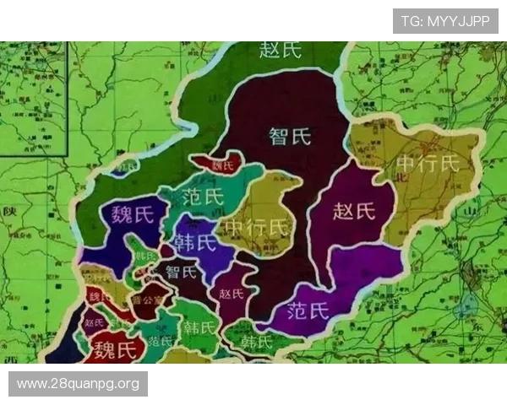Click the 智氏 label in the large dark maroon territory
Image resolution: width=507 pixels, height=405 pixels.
[289, 135]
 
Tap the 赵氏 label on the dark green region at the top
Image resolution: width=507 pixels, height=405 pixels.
[280, 50]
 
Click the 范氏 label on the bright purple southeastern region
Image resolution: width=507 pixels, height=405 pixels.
[308, 310]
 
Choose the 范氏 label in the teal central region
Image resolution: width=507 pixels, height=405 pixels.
[203, 197]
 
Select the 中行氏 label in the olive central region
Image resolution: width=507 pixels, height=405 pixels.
[254, 228]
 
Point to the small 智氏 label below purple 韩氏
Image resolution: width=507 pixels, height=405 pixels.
[181, 272]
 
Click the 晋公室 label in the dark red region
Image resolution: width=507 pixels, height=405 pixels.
[147, 299]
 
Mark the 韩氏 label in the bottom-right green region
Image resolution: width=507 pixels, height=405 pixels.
[257, 342]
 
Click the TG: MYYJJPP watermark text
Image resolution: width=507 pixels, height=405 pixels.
[445, 20]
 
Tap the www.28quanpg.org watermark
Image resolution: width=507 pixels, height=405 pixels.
[78, 384]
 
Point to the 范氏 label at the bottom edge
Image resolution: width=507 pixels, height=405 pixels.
[160, 342]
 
